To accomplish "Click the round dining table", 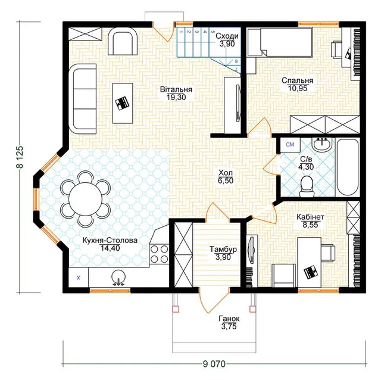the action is tap(85, 199).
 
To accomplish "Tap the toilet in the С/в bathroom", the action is tap(307, 186).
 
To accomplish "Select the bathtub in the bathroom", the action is tap(347, 167).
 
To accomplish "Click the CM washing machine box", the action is tap(290, 145).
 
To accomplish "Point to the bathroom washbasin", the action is tap(322, 144).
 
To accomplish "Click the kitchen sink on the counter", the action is tap(118, 278).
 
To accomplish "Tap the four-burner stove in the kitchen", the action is tap(159, 254).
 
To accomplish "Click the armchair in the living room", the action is tap(123, 41).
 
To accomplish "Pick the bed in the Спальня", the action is tap(280, 42).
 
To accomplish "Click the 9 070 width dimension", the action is tap(214, 364).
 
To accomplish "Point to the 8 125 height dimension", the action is tap(20, 157).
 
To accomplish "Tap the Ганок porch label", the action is tap(229, 318).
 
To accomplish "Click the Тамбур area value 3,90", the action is tap(223, 257).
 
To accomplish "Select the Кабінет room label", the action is tap(310, 217).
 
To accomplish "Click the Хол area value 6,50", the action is tap(226, 180).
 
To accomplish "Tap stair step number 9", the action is tap(236, 61).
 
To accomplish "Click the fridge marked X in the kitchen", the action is tap(79, 278).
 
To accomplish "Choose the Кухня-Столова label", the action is tap(110, 241).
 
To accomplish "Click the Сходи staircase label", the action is tap(227, 36).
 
